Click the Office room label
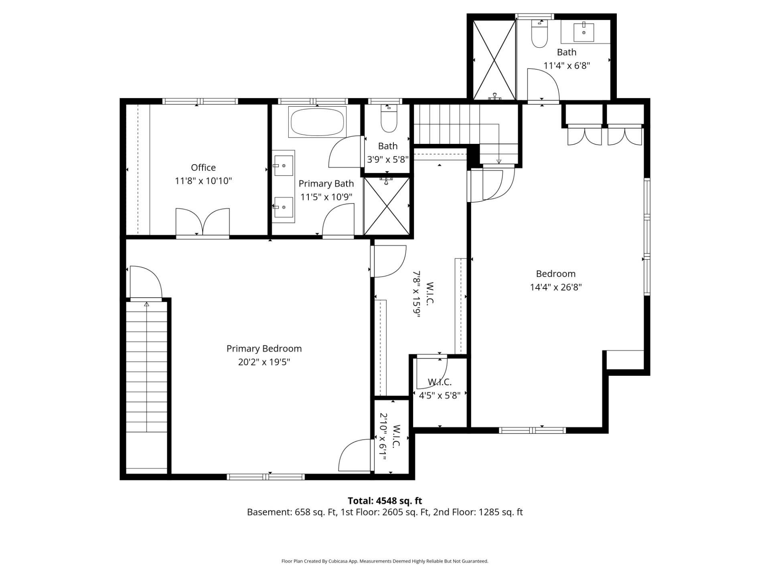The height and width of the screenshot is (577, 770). point(203,167)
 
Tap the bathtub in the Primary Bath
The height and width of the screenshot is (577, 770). point(317,122)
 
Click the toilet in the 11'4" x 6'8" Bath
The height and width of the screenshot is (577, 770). point(539,34)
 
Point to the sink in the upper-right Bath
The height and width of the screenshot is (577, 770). point(584,32)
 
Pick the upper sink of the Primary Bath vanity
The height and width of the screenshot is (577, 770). point(284,165)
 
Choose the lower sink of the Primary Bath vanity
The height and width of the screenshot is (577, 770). point(284,207)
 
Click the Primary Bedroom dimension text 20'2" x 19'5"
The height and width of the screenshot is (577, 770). point(264,362)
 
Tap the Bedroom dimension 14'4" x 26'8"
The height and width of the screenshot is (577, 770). point(556,287)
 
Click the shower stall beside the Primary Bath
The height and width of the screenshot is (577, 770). point(387,206)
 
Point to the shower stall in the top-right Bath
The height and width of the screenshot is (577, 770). point(494,60)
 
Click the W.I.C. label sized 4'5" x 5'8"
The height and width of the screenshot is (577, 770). point(440,382)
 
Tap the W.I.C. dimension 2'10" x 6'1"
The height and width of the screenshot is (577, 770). point(383,437)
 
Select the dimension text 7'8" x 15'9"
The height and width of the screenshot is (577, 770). point(417,294)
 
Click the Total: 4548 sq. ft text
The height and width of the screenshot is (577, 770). point(385,501)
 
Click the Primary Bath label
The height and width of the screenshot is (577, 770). point(326,184)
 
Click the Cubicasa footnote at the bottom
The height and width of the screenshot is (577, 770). point(385,561)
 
